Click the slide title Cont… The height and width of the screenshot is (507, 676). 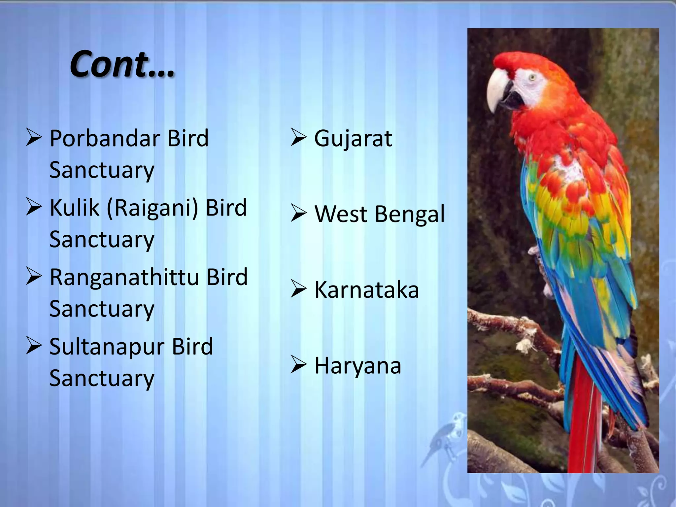[122, 64]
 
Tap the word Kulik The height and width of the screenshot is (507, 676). [74, 208]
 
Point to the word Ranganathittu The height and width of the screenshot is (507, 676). [124, 277]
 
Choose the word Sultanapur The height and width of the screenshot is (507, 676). [106, 347]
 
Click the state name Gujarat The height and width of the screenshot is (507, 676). [353, 139]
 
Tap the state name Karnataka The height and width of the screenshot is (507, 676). [366, 290]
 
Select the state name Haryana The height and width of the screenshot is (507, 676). [358, 366]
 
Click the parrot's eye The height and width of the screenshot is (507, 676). [531, 78]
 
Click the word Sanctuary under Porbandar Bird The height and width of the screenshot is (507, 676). [102, 170]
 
